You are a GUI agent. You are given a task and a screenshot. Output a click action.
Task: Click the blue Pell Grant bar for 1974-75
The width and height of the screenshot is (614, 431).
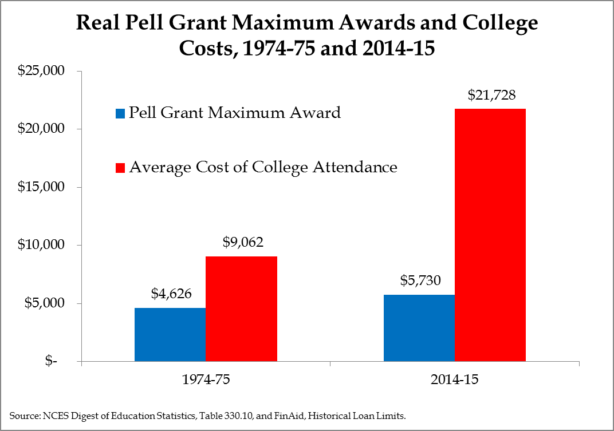[170, 335]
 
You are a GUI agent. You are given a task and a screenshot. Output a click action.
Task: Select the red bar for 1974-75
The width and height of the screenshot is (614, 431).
[241, 309]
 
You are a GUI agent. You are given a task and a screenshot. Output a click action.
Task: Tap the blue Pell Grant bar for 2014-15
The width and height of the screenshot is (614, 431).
[419, 328]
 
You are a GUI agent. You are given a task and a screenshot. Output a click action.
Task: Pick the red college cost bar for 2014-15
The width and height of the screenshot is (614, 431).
[490, 235]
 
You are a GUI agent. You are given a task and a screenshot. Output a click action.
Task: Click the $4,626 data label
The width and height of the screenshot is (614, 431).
[171, 294]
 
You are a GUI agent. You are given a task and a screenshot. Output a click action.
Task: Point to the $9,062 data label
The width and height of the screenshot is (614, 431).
[242, 242]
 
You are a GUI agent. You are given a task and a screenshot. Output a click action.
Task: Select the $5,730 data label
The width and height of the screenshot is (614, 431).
[419, 281]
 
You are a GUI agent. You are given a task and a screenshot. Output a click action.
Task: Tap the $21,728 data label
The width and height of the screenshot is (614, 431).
[491, 94]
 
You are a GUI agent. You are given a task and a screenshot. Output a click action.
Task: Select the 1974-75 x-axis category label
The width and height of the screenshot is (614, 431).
[206, 379]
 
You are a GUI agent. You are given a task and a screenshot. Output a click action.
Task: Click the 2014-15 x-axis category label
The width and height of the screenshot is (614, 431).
[454, 379]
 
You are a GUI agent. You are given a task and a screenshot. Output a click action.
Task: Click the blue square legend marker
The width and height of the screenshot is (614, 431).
[119, 113]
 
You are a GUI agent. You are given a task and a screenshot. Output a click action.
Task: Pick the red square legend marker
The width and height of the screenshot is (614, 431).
[119, 168]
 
